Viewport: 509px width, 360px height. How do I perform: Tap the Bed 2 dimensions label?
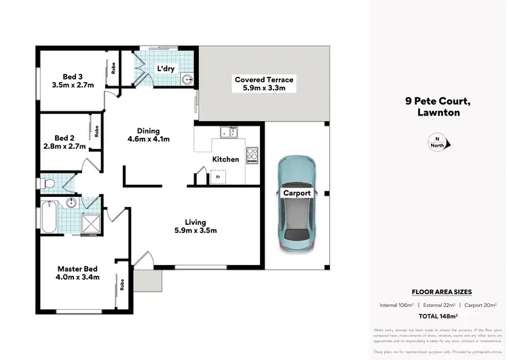click(x=69, y=146)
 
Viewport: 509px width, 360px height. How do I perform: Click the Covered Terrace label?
click(x=264, y=79)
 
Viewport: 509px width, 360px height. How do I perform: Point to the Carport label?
click(x=297, y=193)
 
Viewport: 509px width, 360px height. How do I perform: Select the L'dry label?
click(x=166, y=69)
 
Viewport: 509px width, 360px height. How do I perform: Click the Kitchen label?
click(x=225, y=159)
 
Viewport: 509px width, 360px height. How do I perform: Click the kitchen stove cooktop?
click(x=252, y=155)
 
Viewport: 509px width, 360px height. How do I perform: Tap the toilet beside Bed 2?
click(x=48, y=183)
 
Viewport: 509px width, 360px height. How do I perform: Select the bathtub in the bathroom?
click(x=49, y=217)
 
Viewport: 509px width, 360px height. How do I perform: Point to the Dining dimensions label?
click(x=149, y=140)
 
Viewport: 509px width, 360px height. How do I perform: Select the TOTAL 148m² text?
click(x=438, y=317)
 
